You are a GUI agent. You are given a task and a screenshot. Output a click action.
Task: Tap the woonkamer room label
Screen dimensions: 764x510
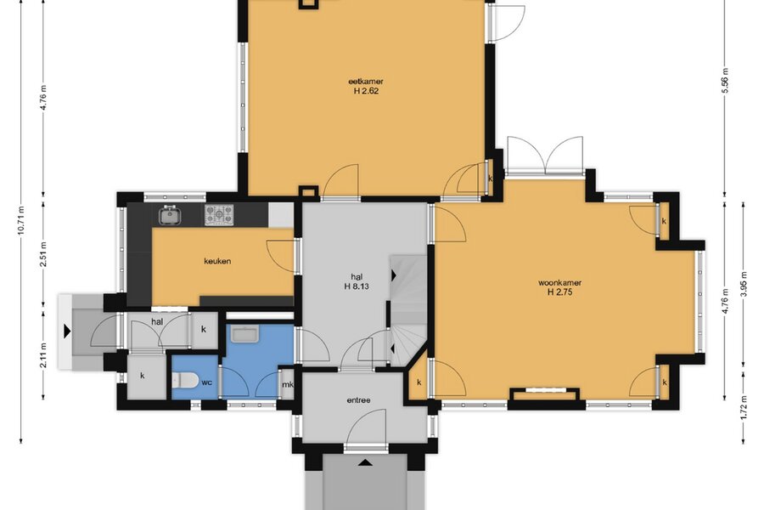coord(559,282)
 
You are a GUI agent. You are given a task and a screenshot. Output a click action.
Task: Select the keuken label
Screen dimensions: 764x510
coord(217,261)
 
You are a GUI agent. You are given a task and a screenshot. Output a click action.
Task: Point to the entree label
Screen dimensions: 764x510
coord(358,400)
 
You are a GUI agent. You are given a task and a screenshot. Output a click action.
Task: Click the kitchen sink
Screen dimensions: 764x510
coord(169,215)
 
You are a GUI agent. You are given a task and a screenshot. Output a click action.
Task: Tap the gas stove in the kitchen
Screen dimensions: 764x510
coord(219,215)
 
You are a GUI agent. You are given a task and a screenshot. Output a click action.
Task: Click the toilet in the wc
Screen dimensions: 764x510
coord(186,380)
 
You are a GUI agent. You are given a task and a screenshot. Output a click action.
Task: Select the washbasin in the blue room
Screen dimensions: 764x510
coord(246,334)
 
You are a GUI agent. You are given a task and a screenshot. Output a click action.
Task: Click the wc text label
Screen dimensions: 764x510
coord(206,382)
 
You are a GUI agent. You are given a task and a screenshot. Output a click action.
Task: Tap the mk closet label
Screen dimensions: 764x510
coord(288,384)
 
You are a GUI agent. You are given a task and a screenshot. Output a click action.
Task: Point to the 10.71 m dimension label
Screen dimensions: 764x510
coord(20,220)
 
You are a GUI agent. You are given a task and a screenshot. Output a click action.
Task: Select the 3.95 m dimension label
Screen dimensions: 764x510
coord(744,282)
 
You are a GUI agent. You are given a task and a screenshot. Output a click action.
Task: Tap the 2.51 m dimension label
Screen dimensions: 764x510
coord(43,255)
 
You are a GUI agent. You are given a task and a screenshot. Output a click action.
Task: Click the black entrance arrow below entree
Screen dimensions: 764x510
coord(365,462)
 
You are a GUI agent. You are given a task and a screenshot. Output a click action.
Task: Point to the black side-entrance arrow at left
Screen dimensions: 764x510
coord(67,331)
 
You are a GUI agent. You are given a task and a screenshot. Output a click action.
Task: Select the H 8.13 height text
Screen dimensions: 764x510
coord(357,286)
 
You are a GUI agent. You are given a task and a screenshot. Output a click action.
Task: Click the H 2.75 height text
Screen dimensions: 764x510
coord(559,292)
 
